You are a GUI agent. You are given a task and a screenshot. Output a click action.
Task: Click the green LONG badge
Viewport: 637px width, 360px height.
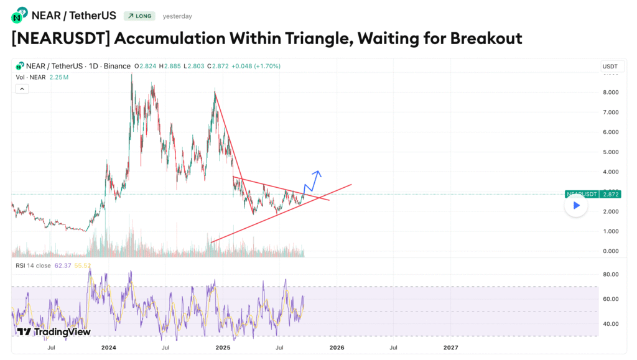pyautogui.click(x=139, y=16)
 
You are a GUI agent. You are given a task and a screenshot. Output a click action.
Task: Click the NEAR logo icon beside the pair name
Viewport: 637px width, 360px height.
pyautogui.click(x=20, y=14)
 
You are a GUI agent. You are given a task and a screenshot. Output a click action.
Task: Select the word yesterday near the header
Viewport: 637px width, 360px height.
pyautogui.click(x=177, y=16)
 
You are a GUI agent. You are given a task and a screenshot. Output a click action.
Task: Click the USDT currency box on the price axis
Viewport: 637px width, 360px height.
pyautogui.click(x=610, y=67)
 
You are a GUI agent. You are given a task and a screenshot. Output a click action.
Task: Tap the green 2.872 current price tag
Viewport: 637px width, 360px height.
pyautogui.click(x=611, y=194)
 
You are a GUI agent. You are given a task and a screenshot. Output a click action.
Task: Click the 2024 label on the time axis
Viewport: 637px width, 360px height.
pyautogui.click(x=109, y=347)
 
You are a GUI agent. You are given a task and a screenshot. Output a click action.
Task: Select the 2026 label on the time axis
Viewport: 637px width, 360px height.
pyautogui.click(x=337, y=347)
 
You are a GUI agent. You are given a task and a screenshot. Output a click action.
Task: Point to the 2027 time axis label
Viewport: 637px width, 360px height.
pyautogui.click(x=451, y=347)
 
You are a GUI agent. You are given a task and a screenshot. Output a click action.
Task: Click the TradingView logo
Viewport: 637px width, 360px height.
pyautogui.click(x=54, y=332)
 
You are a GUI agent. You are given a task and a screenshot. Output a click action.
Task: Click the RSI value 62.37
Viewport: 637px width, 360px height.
pyautogui.click(x=63, y=265)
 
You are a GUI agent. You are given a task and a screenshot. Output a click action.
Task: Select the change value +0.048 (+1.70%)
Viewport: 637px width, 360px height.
pyautogui.click(x=255, y=66)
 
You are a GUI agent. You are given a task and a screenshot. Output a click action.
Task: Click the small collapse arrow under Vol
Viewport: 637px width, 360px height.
pyautogui.click(x=22, y=89)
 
